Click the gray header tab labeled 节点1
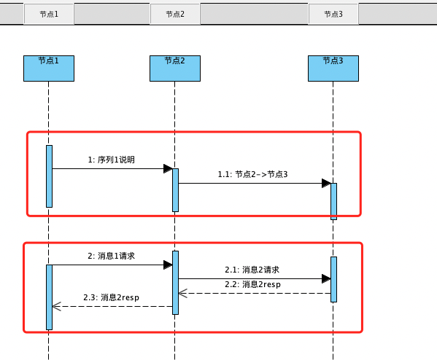49,13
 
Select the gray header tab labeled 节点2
174,13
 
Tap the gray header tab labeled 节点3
333,13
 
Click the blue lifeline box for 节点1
49,69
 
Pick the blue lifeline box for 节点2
174,69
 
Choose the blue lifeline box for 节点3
333,69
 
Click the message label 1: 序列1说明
111,159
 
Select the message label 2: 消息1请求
111,256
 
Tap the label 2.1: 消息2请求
252,270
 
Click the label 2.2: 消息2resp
252,283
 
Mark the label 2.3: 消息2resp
111,297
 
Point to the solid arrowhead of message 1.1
326,183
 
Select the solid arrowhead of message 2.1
326,278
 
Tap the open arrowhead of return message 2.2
182,293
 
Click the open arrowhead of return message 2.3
56,306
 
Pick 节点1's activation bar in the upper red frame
49,176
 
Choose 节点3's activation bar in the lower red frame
333,278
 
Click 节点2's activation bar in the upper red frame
175,189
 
